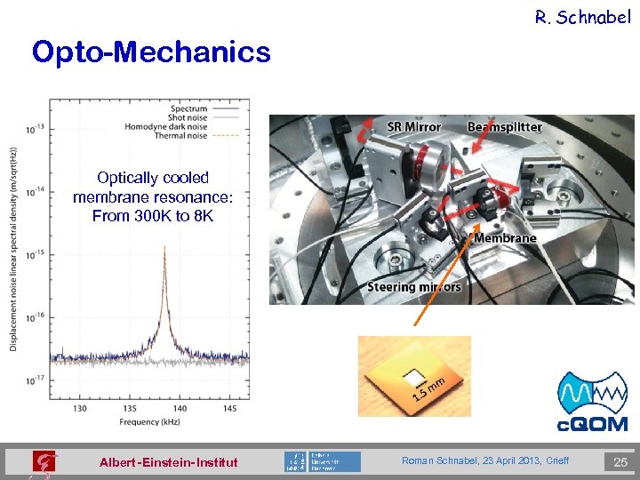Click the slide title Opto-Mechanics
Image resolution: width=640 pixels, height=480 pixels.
tap(150, 52)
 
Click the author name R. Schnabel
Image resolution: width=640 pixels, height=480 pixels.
tap(582, 16)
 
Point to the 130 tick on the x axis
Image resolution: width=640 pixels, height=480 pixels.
tap(79, 408)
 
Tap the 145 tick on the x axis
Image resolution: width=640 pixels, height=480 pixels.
tap(230, 408)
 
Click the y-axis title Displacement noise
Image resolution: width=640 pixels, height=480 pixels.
tap(15, 249)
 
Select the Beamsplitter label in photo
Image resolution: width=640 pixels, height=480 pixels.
tap(504, 127)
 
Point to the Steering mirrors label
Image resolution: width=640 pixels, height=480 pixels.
tap(414, 286)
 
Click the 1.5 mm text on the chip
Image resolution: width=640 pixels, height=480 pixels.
tap(428, 388)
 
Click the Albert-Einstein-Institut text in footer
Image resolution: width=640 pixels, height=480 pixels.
tap(168, 462)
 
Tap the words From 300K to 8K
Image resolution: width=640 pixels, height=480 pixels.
tap(152, 216)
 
